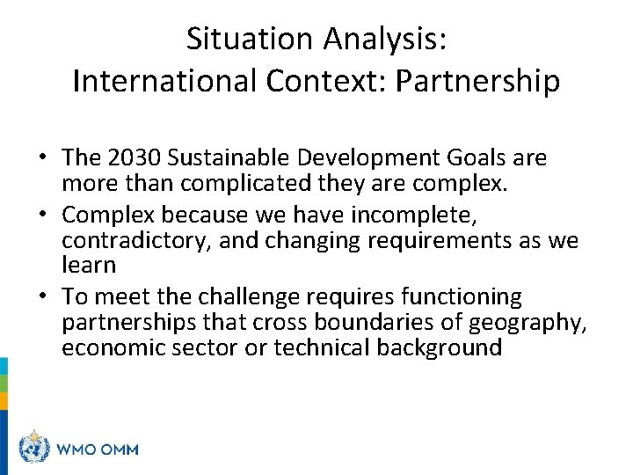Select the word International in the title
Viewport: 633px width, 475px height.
(164, 80)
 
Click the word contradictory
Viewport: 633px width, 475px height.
(133, 240)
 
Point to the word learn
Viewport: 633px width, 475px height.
(89, 264)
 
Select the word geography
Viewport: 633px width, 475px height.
(528, 323)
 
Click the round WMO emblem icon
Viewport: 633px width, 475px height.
(34, 449)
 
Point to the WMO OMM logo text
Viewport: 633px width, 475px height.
(97, 449)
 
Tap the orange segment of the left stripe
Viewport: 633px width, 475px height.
(4, 400)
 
